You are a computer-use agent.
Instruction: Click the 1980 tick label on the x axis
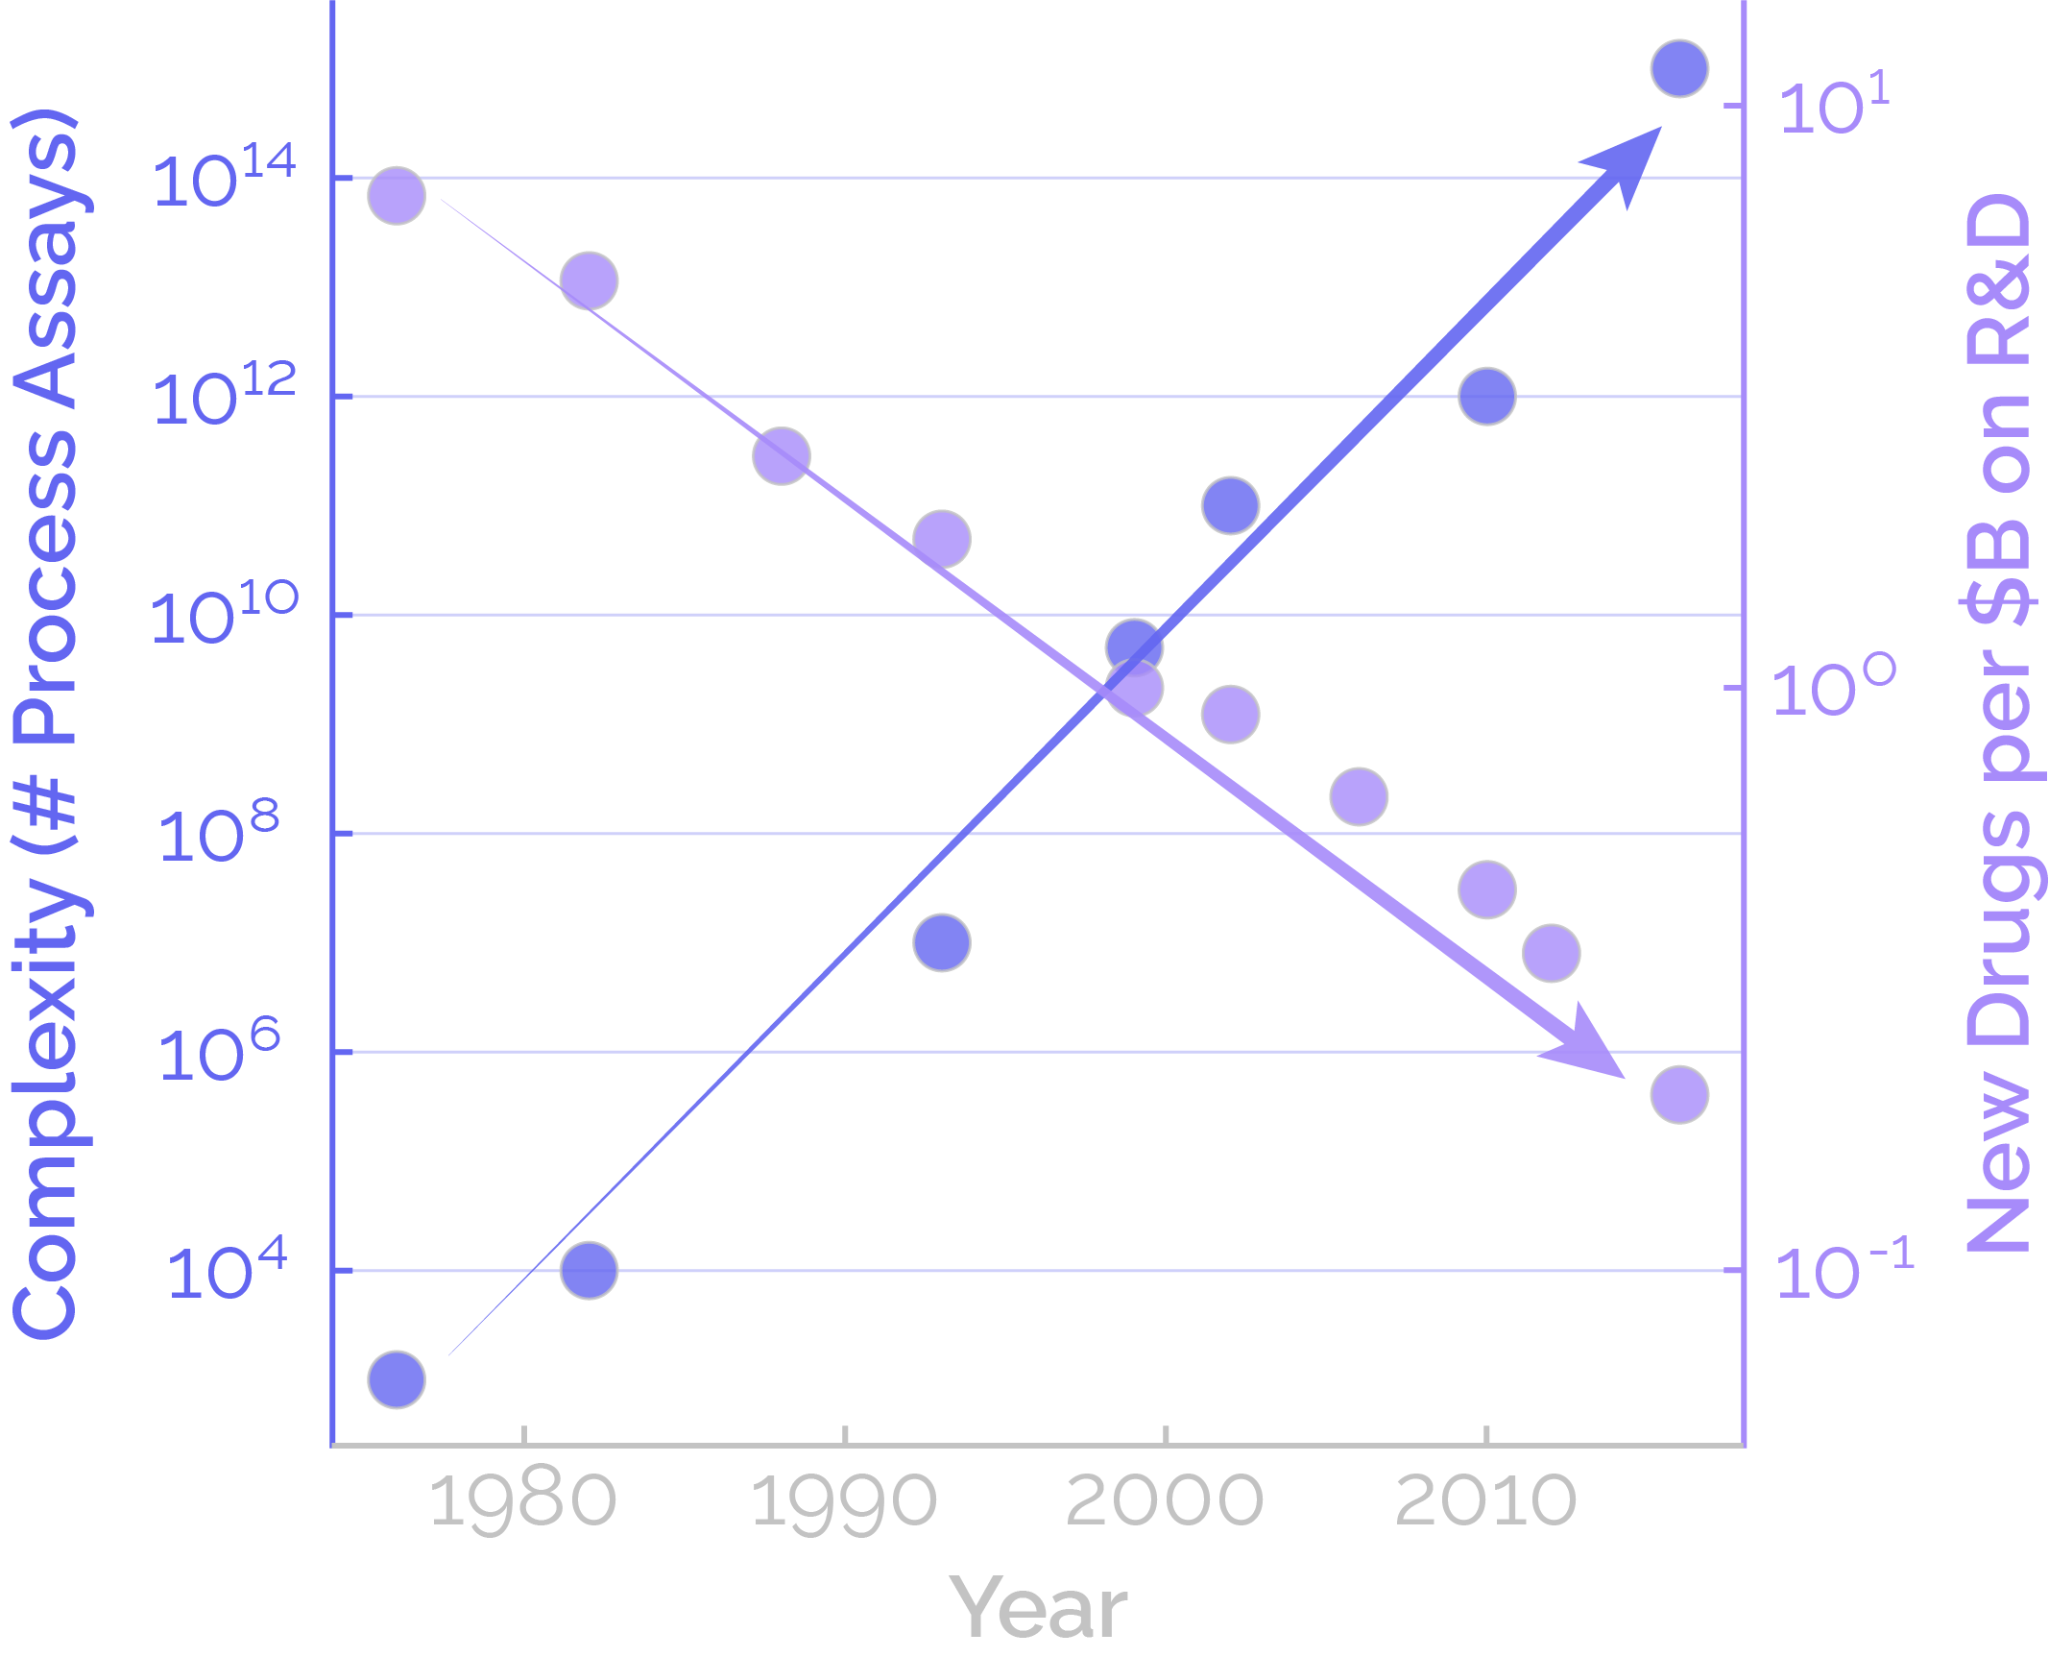coord(522,1501)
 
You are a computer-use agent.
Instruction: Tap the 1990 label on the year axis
coord(843,1501)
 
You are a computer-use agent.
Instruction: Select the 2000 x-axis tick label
coord(1164,1501)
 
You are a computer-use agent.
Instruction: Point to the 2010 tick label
coord(1485,1501)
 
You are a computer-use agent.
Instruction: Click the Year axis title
coord(1038,1608)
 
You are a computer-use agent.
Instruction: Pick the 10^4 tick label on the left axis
coord(227,1270)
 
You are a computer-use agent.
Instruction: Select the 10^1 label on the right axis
coord(1835,104)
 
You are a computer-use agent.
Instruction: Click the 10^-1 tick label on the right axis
coord(1844,1270)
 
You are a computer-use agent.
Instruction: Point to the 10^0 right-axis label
coord(1835,688)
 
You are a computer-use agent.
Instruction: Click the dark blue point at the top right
coord(1679,68)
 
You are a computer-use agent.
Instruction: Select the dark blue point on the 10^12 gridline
coord(1487,396)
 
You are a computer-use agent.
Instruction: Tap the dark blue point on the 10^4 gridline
coord(589,1270)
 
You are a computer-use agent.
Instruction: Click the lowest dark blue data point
coord(397,1379)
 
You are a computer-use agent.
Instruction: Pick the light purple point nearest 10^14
coord(397,195)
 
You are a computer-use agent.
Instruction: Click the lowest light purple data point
coord(1679,1094)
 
